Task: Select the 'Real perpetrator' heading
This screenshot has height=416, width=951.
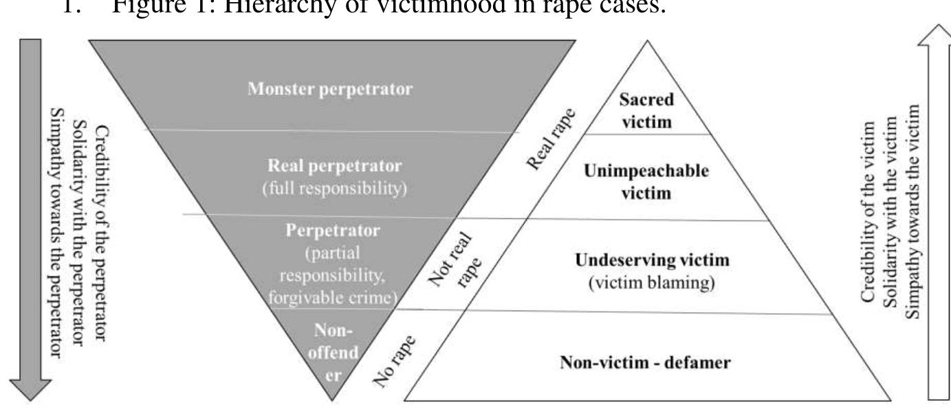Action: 335,167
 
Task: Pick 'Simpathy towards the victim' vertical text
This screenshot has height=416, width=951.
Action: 912,220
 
